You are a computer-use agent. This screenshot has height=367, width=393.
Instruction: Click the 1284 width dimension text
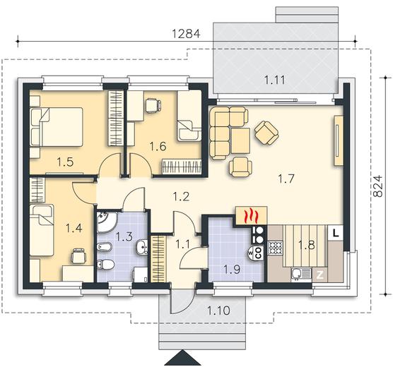pos(186,34)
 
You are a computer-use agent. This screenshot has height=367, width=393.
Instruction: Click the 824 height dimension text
pos(377,186)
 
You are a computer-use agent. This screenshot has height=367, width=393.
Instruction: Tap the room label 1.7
pos(286,179)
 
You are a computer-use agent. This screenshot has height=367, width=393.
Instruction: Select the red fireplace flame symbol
pos(252,216)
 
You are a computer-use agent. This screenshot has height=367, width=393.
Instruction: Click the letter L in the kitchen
pos(335,234)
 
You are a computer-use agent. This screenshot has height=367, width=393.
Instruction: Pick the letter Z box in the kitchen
pos(319,275)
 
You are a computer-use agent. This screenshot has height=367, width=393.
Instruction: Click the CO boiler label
pos(259,253)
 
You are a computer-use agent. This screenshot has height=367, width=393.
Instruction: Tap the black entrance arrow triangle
pos(182,358)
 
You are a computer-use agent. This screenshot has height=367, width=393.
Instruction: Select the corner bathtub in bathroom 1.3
pos(106,222)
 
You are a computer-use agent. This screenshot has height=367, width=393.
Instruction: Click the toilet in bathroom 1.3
pos(105,265)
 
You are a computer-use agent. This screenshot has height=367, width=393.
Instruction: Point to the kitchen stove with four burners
pos(276,248)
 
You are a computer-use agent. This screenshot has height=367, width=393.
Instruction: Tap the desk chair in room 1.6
pos(153,105)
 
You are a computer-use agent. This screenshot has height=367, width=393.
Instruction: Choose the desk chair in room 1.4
pos(79,256)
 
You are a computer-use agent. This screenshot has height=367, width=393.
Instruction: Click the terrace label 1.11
pos(275,80)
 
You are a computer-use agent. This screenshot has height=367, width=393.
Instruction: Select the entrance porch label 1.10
pos(218,311)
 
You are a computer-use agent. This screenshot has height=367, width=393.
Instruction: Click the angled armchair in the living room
pos(267,133)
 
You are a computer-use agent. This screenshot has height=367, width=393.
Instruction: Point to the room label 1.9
pos(232,270)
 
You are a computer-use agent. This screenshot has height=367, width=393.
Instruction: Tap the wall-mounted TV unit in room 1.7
pos(339,140)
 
